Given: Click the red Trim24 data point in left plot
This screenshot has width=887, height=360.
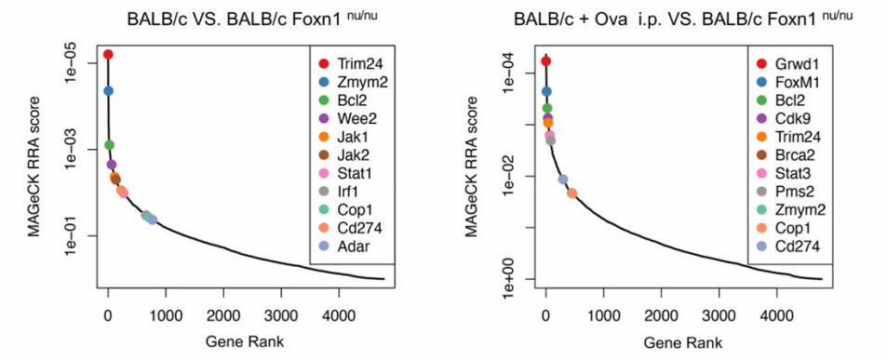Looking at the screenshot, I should tap(108, 55).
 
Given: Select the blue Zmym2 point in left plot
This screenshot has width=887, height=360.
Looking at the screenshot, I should tap(108, 91).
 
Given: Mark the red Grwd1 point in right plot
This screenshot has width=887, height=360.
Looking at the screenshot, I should tap(546, 61).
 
